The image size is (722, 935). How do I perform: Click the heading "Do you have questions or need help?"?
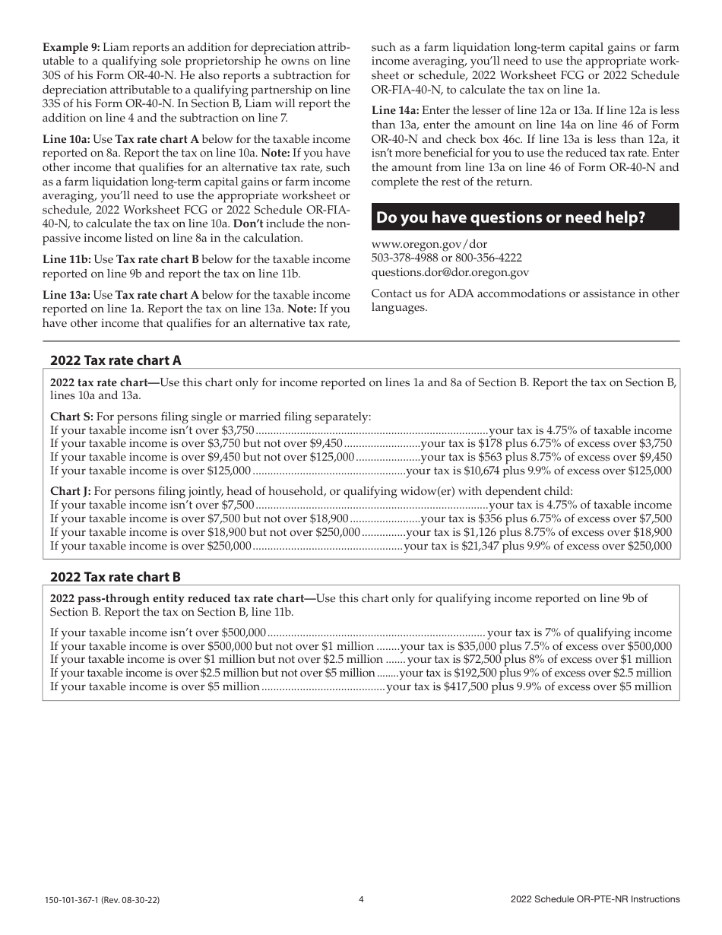(511, 217)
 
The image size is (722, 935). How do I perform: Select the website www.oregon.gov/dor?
(419, 244)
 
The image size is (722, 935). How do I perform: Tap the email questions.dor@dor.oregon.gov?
(450, 271)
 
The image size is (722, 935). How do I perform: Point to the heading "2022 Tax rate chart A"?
(116, 360)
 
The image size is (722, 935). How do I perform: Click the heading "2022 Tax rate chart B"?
(116, 577)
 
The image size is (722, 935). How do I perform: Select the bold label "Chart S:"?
(71, 417)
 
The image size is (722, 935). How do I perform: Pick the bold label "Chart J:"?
(71, 491)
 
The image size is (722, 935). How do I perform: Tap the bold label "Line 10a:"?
(66, 139)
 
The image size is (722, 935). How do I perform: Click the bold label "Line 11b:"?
(66, 259)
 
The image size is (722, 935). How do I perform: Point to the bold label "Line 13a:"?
(66, 295)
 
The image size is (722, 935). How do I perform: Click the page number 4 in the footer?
(361, 899)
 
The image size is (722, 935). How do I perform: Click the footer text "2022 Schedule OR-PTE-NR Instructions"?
(595, 899)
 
